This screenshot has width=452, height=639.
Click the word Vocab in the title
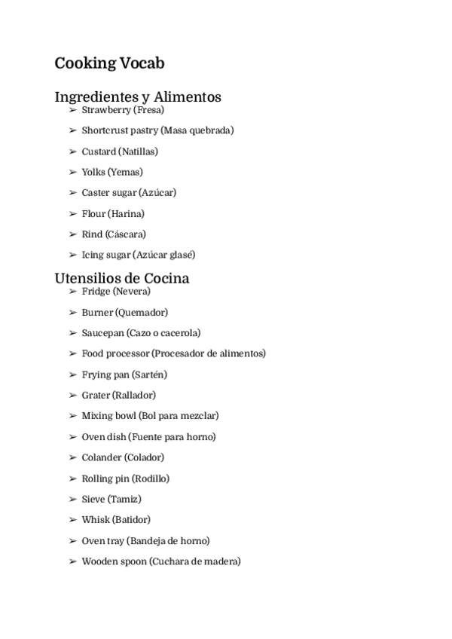[x=142, y=63]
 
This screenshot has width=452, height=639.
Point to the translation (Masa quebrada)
[x=197, y=130]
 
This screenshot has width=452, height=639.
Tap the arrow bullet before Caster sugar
[x=73, y=193]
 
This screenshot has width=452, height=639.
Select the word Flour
[x=93, y=214]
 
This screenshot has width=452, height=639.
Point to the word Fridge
[x=96, y=291]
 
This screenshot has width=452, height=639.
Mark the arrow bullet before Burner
[x=73, y=312]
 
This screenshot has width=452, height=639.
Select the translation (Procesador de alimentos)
[x=209, y=353]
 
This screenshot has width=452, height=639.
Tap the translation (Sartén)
[x=149, y=375]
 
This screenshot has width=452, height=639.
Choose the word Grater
[x=96, y=395]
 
